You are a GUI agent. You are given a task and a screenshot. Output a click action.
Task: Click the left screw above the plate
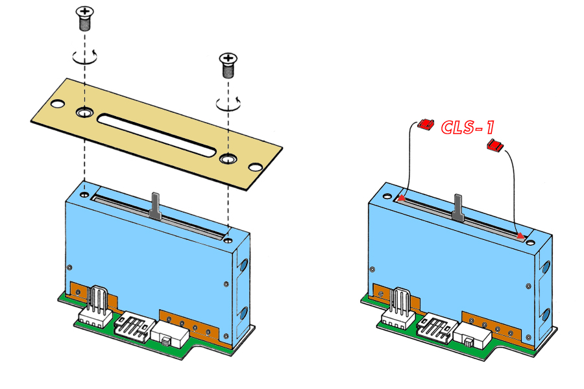tap(84, 18)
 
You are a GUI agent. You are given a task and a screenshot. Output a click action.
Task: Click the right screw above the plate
tap(228, 65)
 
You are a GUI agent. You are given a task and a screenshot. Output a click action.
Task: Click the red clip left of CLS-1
tap(426, 124)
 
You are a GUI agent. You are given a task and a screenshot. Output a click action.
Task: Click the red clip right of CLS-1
tap(496, 146)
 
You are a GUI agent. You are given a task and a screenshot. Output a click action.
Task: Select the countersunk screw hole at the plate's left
tap(84, 113)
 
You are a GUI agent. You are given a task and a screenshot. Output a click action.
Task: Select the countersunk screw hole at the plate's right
tap(227, 158)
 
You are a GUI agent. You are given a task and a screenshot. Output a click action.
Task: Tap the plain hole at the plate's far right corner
tap(256, 168)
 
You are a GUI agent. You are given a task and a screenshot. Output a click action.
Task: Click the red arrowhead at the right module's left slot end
tap(402, 198)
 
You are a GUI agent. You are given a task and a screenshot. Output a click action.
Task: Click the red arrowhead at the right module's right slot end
tap(521, 236)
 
